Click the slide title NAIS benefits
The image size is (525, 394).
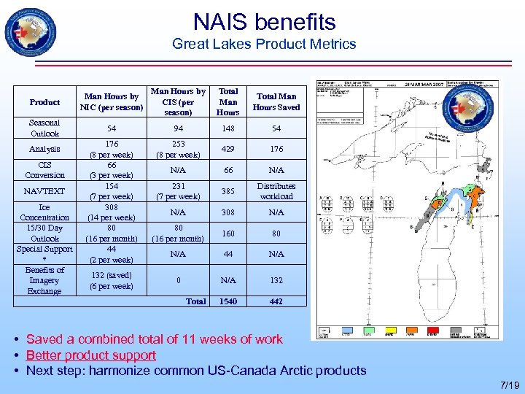click(x=264, y=22)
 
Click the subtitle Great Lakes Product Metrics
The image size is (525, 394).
click(x=264, y=45)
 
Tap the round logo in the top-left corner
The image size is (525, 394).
click(x=31, y=34)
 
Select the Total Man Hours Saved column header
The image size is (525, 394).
click(x=276, y=102)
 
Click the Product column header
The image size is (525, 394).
click(x=45, y=102)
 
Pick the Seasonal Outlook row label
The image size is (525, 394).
click(x=45, y=128)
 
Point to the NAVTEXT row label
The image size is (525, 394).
click(x=44, y=191)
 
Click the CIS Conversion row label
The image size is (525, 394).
click(x=45, y=170)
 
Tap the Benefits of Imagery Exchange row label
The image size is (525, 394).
click(x=45, y=280)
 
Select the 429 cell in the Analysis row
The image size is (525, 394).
click(x=228, y=149)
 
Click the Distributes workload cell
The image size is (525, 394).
click(x=276, y=191)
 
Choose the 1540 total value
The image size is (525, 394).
click(x=228, y=301)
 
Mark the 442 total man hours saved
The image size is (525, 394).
click(x=276, y=301)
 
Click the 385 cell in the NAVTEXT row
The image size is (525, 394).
click(x=228, y=191)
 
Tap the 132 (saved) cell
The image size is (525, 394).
click(x=112, y=275)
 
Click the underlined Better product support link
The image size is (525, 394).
click(x=91, y=355)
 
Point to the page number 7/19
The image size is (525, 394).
click(x=511, y=385)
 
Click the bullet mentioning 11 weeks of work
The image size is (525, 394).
click(x=154, y=339)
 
